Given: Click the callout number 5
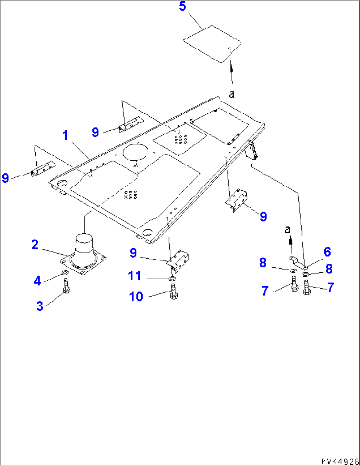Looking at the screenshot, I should (183, 6).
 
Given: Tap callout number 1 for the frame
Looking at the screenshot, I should (65, 135).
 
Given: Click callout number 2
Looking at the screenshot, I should (35, 245).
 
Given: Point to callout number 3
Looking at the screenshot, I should (40, 306).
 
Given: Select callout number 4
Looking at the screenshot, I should (37, 281).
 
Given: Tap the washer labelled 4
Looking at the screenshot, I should (65, 273).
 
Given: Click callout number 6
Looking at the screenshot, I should (327, 252).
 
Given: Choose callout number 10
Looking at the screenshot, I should (136, 296).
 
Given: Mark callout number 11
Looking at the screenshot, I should (134, 276).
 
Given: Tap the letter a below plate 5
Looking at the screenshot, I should (232, 94).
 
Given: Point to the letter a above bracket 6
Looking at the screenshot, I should (288, 229).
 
